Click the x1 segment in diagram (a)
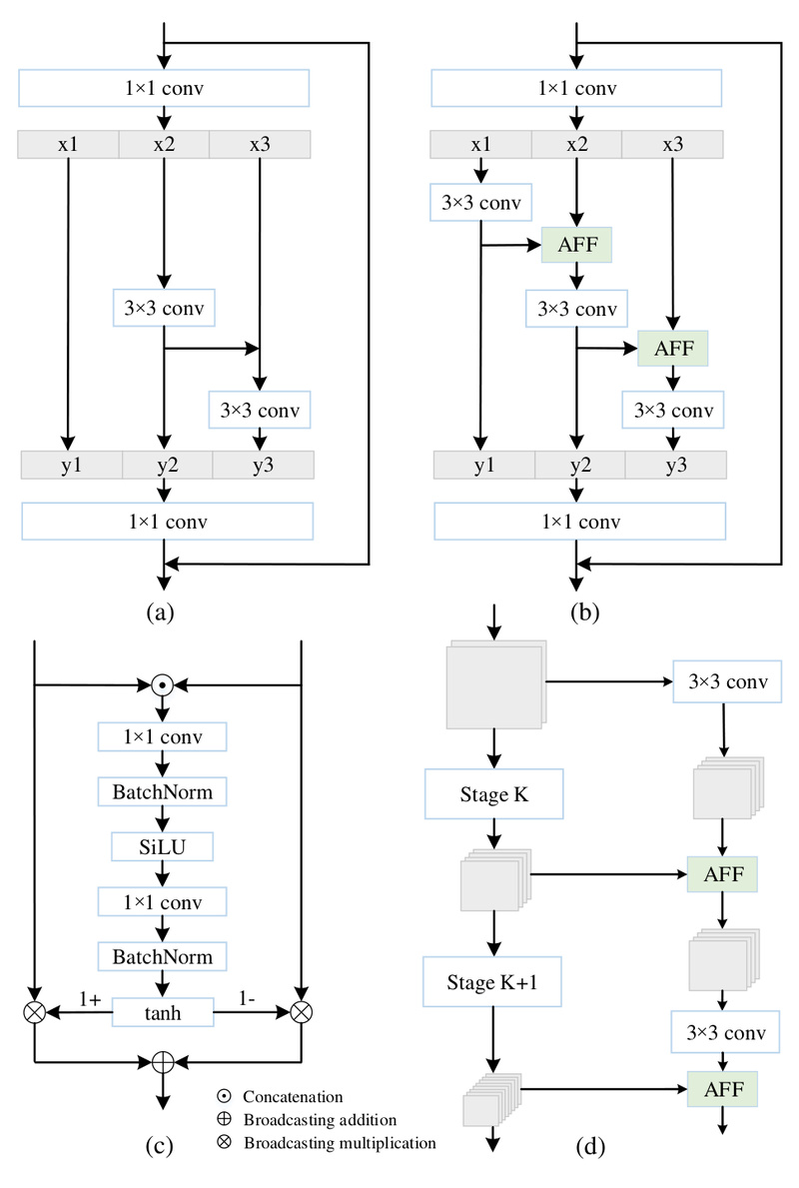[68, 144]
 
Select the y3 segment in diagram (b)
[676, 465]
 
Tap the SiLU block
[163, 847]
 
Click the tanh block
[163, 1011]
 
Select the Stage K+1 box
[489, 981]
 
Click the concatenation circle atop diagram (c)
[163, 684]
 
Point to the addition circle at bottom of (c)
[163, 1060]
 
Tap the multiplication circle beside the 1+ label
[34, 1011]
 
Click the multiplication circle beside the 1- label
[301, 1011]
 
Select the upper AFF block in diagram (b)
[576, 243]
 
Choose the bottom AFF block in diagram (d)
[722, 1086]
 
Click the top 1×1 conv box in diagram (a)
[163, 89]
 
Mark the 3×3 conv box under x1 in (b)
[480, 202]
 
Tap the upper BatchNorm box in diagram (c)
[163, 792]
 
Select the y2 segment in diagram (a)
[166, 465]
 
